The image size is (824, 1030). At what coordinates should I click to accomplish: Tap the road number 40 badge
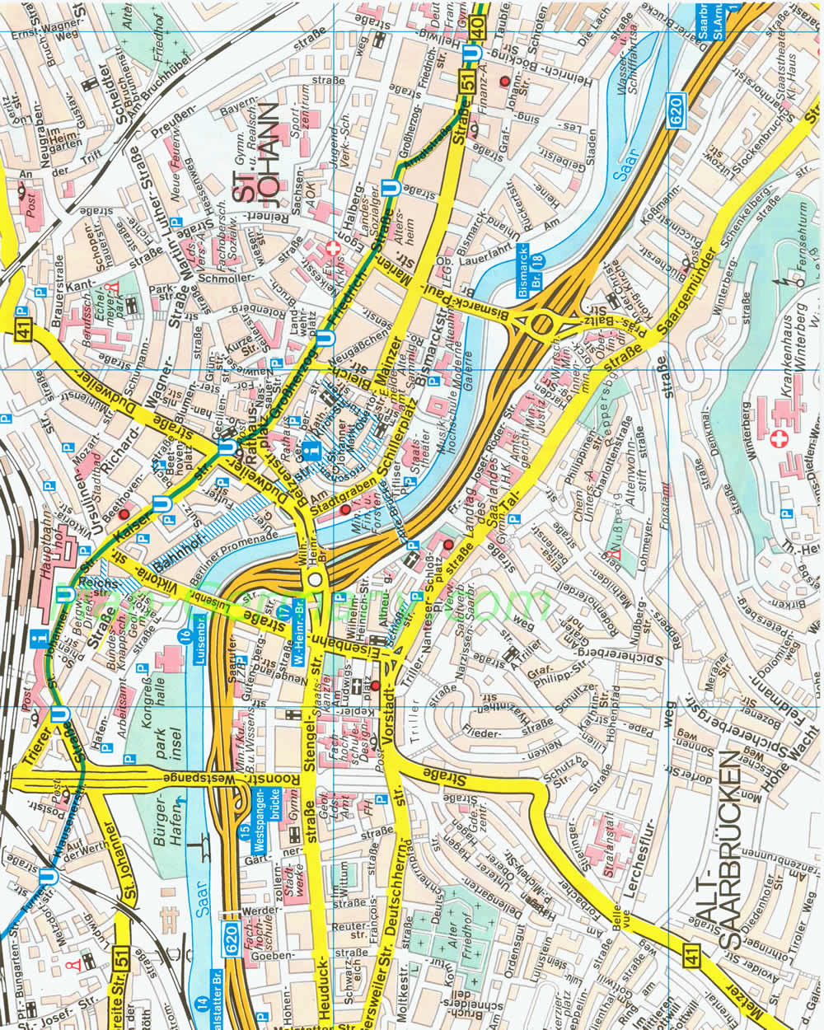[x=480, y=28]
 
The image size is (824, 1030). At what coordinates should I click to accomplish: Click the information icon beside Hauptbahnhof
[x=35, y=639]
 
